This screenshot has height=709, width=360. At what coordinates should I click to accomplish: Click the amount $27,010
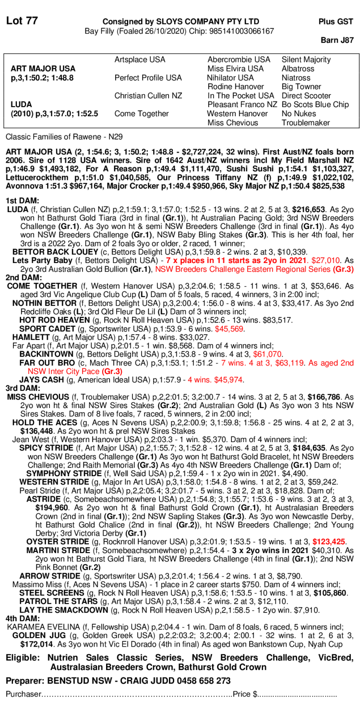pos(325,260)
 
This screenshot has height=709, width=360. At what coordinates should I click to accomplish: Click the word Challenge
pos(227,269)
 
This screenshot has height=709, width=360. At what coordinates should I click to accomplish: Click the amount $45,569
pos(229,329)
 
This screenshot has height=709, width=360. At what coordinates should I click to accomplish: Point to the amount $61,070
pos(267,354)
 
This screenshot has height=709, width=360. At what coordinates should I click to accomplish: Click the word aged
pos(328,363)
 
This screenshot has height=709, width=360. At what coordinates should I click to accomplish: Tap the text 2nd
pos(347,363)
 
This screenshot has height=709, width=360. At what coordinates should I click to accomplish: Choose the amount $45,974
pos(228,380)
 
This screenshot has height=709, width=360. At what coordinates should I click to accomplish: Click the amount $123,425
pos(329,542)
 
